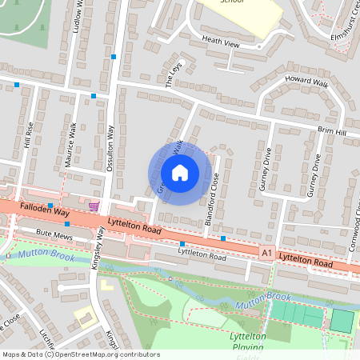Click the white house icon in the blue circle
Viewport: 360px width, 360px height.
coord(180,172)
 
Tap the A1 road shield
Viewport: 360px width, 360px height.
coord(266,252)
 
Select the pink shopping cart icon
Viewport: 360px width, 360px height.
coord(94,206)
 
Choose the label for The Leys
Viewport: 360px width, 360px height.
coord(174,74)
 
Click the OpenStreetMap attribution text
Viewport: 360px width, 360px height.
coord(80,354)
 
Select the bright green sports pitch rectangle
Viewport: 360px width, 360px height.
coord(342,321)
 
